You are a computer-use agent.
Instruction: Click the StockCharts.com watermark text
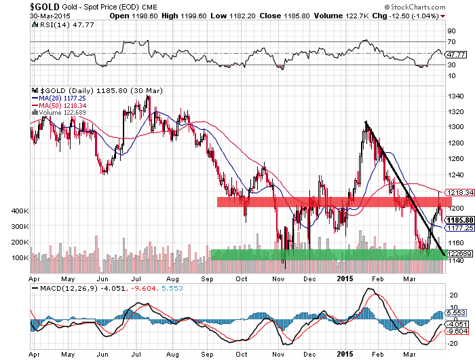click(415, 7)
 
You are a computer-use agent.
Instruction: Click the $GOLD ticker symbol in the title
click(45, 6)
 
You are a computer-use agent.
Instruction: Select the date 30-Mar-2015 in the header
click(50, 16)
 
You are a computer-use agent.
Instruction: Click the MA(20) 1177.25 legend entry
click(59, 98)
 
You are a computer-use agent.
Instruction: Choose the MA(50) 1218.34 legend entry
click(59, 105)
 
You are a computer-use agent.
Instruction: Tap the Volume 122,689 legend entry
click(59, 113)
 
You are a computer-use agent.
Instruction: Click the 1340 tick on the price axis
click(455, 96)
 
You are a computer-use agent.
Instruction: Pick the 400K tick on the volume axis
click(20, 211)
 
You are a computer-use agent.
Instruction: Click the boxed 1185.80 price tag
click(459, 220)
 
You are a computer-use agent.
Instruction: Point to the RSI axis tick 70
click(452, 42)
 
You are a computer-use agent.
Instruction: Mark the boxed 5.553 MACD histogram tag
click(455, 312)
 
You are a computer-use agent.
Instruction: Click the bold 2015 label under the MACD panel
click(345, 354)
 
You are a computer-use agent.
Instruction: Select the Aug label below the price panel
click(172, 278)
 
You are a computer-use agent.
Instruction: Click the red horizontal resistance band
click(335, 202)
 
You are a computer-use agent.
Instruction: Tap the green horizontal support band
click(331, 255)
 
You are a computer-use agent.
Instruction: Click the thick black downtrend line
click(405, 188)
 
